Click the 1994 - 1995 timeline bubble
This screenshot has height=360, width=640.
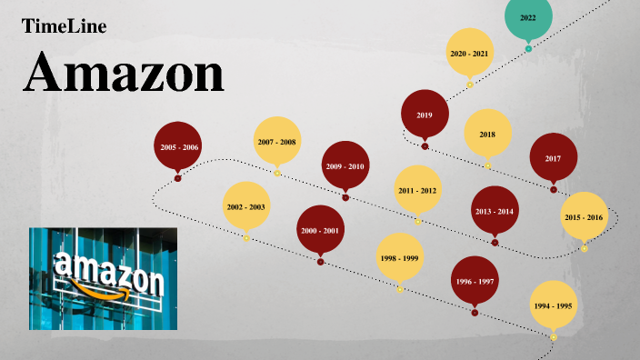(x=554, y=306)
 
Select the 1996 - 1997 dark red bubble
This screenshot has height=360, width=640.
(x=475, y=282)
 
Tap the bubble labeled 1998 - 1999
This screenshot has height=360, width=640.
(x=399, y=259)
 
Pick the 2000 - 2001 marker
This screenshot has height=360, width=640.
(x=320, y=231)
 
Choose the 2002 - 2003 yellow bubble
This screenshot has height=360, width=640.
(x=246, y=207)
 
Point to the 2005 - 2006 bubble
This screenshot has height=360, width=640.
(x=178, y=146)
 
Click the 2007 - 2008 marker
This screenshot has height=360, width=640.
(x=276, y=142)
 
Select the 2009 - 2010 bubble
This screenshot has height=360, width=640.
(x=345, y=166)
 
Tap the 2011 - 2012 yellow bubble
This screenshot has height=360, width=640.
(x=417, y=190)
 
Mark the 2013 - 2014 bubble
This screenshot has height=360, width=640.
(x=495, y=211)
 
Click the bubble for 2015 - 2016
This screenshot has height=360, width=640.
(x=584, y=217)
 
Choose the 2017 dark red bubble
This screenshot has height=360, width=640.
(x=553, y=158)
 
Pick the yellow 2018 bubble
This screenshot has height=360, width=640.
(x=487, y=135)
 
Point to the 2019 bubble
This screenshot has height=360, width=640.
(x=425, y=115)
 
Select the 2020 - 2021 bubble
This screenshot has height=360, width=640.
(x=469, y=54)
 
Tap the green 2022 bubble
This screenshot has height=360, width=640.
(x=528, y=18)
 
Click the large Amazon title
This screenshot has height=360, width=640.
(x=124, y=72)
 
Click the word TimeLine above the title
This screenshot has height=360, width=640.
(x=64, y=26)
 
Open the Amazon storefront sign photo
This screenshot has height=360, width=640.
(x=103, y=277)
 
